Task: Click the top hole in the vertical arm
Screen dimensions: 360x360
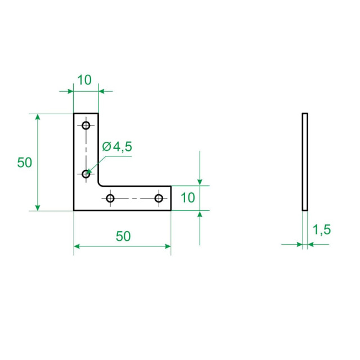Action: coord(86,125)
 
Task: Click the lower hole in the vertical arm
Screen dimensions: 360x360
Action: coord(86,174)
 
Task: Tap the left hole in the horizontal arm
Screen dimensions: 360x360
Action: coord(110,198)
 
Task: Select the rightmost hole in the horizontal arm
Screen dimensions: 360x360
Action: coord(159,198)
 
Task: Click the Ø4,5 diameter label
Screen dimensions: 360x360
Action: coord(117,147)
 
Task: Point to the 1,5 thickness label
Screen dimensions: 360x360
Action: coord(322,229)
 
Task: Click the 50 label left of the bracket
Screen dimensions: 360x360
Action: coord(25,163)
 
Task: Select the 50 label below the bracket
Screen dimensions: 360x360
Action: coord(123,236)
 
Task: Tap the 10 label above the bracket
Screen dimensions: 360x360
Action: coord(84,80)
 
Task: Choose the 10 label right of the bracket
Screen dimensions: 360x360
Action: coord(188,197)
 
